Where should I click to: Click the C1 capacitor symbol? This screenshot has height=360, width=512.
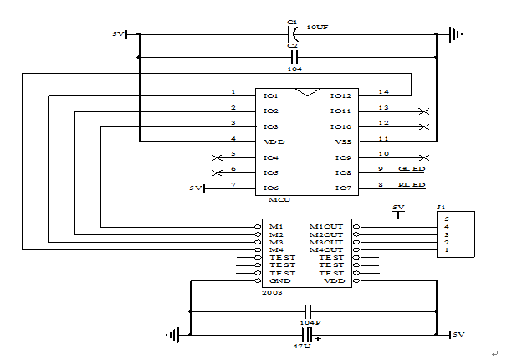[x=292, y=34]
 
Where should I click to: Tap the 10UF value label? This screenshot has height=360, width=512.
[x=318, y=28]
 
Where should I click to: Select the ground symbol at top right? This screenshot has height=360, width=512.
[x=453, y=34]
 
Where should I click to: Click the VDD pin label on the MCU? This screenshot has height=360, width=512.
[x=274, y=141]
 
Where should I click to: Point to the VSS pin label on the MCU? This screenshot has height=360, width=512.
[x=342, y=141]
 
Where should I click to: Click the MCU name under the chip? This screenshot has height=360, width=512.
[x=279, y=201]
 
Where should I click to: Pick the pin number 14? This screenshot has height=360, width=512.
[x=384, y=91]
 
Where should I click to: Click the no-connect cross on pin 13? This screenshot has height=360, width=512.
[x=424, y=111]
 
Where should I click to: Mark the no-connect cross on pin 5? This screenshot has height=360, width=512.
[x=218, y=157]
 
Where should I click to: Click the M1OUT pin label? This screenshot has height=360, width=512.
[x=325, y=227]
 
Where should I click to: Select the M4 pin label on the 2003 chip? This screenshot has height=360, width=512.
[x=276, y=250]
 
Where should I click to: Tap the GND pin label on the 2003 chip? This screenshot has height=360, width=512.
[x=279, y=281]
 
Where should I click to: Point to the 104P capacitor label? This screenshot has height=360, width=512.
[x=309, y=322]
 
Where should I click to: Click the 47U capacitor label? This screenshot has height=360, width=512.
[x=302, y=345]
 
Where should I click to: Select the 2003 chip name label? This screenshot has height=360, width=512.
[x=273, y=294]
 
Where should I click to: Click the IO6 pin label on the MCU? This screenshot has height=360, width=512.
[x=270, y=188]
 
